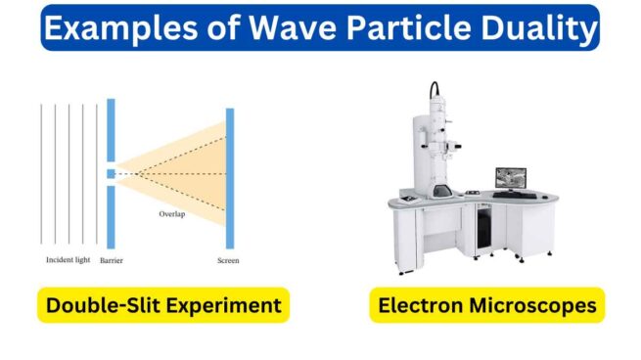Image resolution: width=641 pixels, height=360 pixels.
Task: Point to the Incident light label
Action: [69, 260]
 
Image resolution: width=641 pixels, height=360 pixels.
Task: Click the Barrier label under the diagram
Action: [111, 260]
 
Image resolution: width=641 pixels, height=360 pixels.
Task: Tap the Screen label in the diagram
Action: [228, 260]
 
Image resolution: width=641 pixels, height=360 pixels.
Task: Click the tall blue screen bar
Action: [230, 178]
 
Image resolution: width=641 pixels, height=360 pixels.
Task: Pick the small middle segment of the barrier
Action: [112, 173]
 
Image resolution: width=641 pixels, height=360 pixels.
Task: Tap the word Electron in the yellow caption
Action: [419, 306]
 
